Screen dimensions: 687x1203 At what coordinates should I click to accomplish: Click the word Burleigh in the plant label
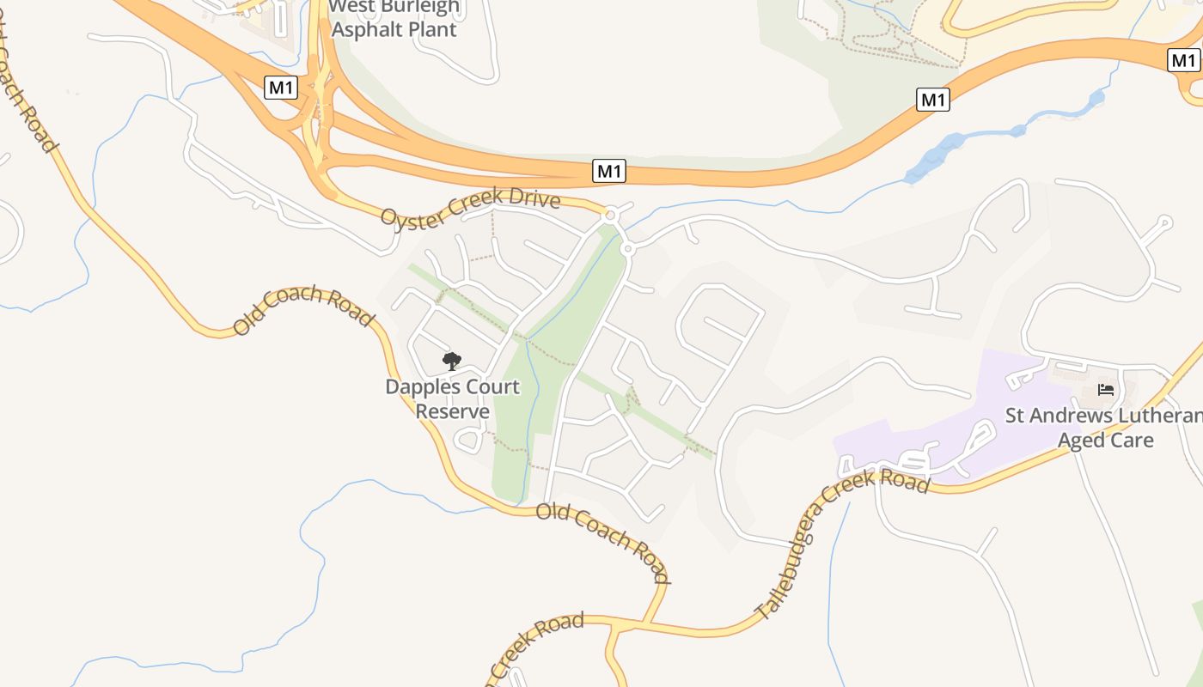pyautogui.click(x=420, y=8)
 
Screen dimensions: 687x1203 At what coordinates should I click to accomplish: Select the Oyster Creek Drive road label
pyautogui.click(x=470, y=208)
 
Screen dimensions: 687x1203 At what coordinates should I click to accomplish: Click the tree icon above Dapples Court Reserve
pyautogui.click(x=451, y=362)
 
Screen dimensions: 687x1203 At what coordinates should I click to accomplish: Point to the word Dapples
pyautogui.click(x=418, y=387)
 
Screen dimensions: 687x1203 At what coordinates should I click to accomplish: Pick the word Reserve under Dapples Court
pyautogui.click(x=452, y=411)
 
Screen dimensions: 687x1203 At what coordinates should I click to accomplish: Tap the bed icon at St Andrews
pyautogui.click(x=1106, y=390)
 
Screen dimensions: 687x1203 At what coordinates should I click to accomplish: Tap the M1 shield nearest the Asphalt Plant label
pyautogui.click(x=281, y=88)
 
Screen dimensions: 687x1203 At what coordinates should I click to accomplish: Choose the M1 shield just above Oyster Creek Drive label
pyautogui.click(x=609, y=171)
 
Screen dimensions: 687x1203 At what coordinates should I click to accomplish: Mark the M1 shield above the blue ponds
pyautogui.click(x=933, y=100)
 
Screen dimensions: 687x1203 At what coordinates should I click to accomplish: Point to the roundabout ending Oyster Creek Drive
pyautogui.click(x=612, y=213)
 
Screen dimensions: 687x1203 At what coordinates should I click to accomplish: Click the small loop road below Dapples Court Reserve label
pyautogui.click(x=468, y=441)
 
